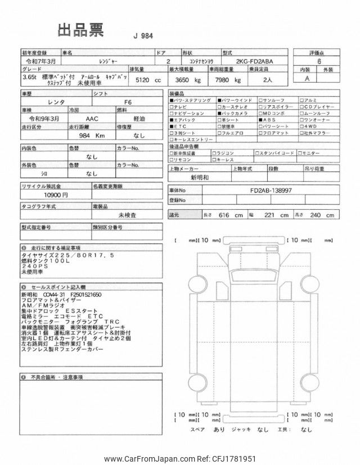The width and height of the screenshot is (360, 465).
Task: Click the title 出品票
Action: coord(80,31)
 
